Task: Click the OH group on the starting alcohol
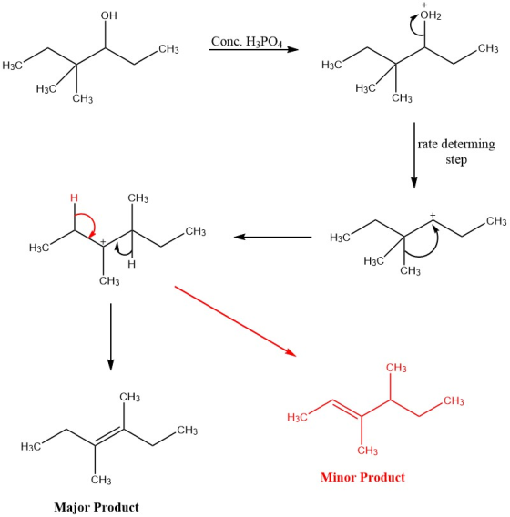tap(109, 15)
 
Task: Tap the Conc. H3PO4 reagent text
tap(247, 42)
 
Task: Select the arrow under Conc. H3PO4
tap(254, 50)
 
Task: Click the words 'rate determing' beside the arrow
tap(456, 144)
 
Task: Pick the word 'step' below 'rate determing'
tap(456, 160)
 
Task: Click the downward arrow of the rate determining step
tap(414, 156)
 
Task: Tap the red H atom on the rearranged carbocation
tap(75, 198)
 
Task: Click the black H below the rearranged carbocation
tap(132, 264)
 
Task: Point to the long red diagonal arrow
tap(235, 321)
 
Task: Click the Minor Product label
tap(362, 477)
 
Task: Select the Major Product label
tap(97, 507)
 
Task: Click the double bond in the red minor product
tap(347, 409)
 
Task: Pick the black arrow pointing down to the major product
tap(111, 337)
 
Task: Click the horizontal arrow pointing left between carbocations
tap(273, 237)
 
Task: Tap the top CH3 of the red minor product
tap(396, 368)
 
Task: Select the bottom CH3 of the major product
tap(101, 480)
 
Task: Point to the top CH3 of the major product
tap(129, 397)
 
